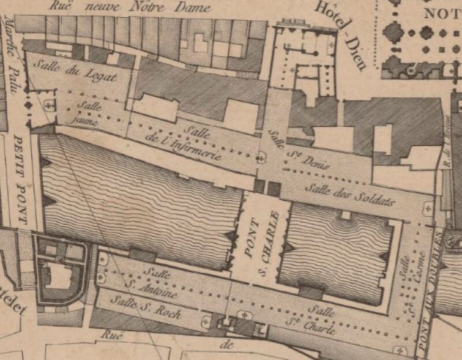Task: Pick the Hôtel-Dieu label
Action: [x=340, y=34]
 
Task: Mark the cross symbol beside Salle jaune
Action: [x=48, y=105]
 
